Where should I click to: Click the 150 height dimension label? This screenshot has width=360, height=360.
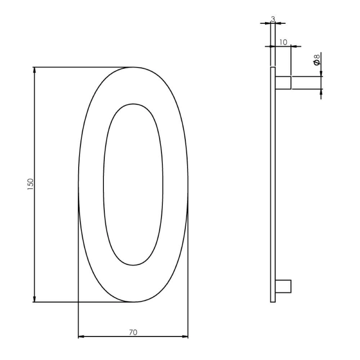tap(31, 184)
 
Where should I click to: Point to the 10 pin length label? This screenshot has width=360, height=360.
tap(283, 42)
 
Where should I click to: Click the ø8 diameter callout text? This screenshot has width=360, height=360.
tap(317, 60)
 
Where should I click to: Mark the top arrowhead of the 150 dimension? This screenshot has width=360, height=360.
tap(35, 70)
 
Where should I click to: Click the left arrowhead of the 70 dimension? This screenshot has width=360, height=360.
tap(81, 337)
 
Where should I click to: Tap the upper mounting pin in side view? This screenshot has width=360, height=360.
tap(283, 82)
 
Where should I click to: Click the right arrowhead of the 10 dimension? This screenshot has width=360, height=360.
tap(293, 46)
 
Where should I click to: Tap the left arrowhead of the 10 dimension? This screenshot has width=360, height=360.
tap(267, 46)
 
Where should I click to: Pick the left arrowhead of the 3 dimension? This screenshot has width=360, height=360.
tap(267, 23)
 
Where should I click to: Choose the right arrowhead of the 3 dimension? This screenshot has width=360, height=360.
tap(278, 23)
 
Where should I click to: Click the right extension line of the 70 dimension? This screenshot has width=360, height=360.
tap(188, 270)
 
